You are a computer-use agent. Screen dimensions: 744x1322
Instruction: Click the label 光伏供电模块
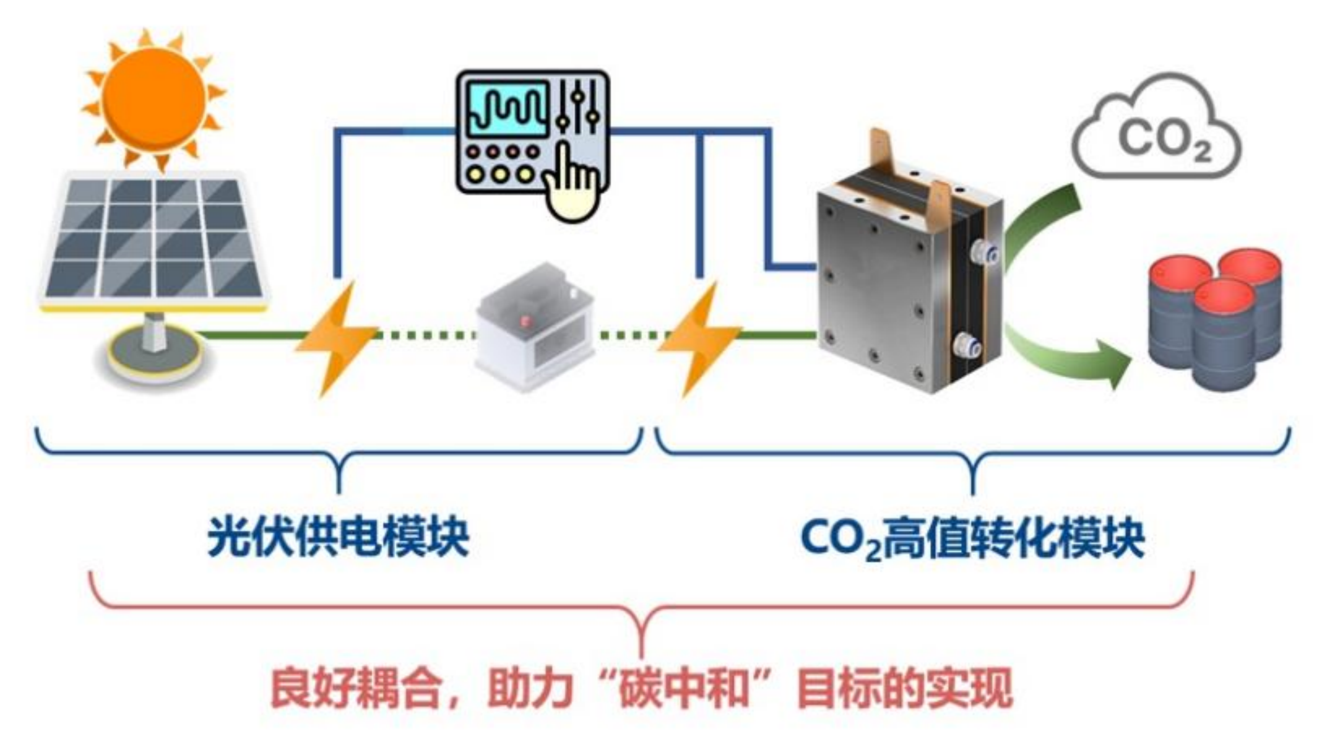(x=338, y=538)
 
